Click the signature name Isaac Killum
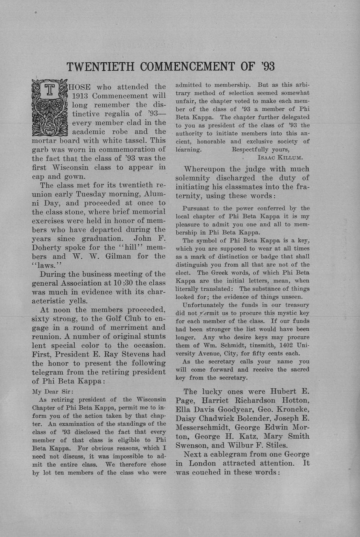pos(280,158)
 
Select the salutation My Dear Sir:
pos(53,391)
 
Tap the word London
pos(202,463)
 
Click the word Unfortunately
pos(203,305)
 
